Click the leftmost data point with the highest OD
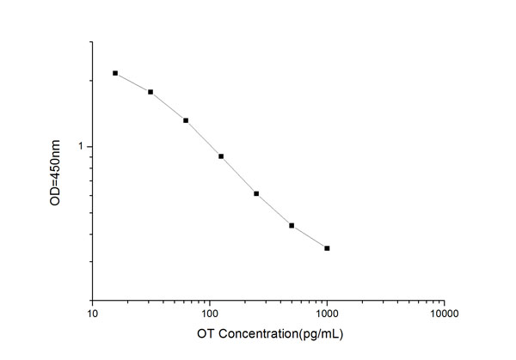(115, 74)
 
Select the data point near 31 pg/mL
(150, 92)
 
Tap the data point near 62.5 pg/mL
(186, 120)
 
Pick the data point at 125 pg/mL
(221, 156)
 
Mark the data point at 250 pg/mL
(256, 193)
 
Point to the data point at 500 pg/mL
(292, 226)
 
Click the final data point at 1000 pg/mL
(327, 248)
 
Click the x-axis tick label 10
(93, 314)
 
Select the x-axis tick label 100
(209, 314)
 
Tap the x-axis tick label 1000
(327, 314)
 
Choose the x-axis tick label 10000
(443, 314)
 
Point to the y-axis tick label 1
(83, 147)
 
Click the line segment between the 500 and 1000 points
(310, 238)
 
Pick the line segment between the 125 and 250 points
(239, 175)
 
